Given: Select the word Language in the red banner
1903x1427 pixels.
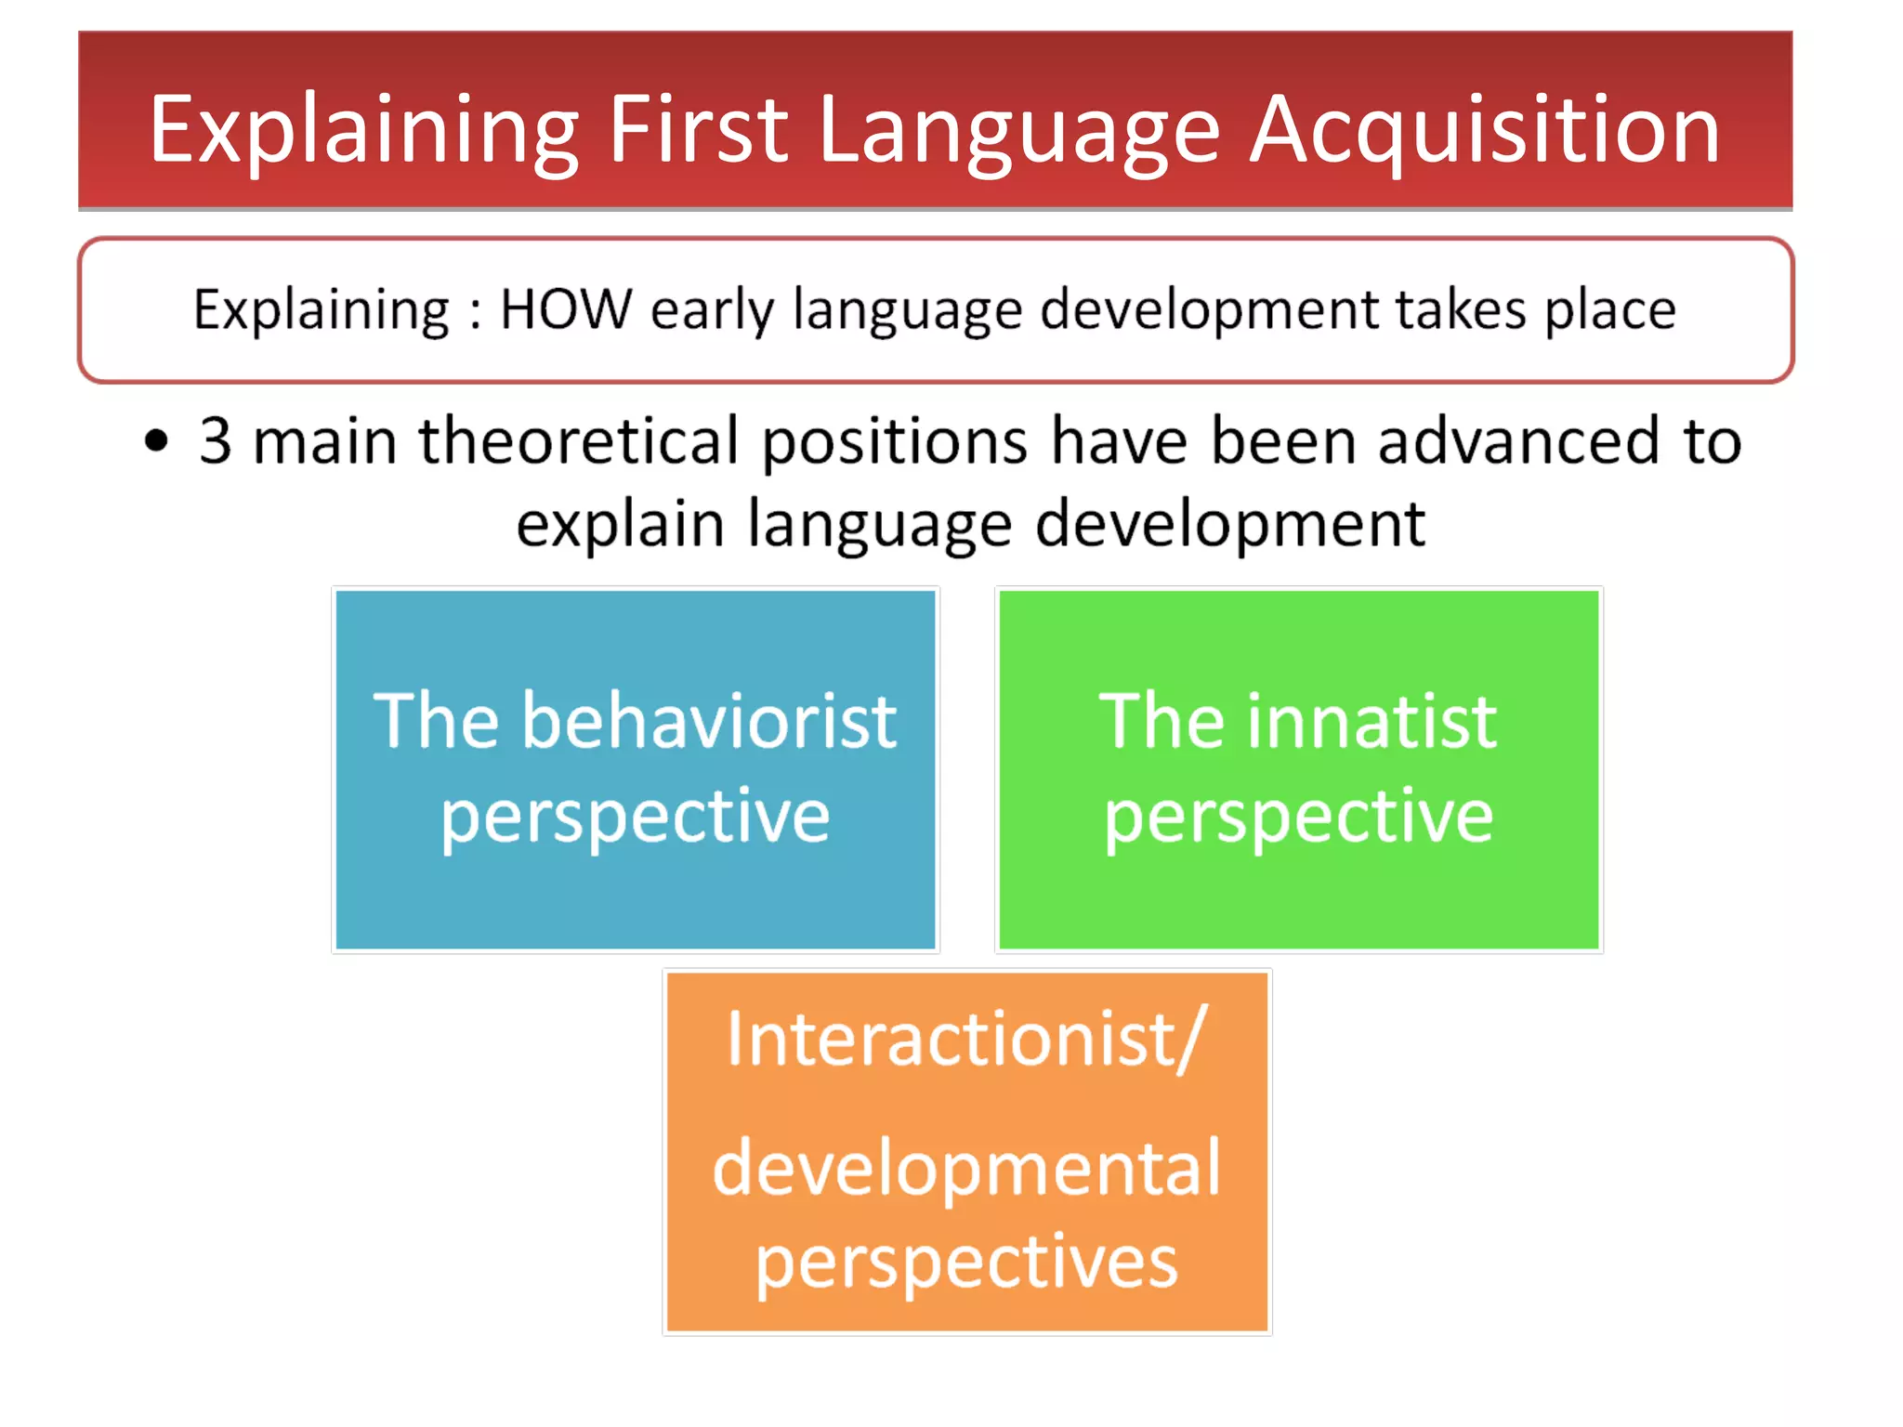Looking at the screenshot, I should tap(1018, 132).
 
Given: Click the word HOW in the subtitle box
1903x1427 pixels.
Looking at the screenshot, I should tap(566, 308).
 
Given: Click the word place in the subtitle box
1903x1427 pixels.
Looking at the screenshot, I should tap(1609, 310).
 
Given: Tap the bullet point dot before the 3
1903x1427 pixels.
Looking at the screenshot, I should tap(157, 441).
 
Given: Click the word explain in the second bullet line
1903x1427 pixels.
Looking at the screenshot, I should tap(620, 525).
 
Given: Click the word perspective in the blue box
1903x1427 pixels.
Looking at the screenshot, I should tap(636, 818).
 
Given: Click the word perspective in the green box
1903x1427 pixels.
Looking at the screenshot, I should tap(1299, 818).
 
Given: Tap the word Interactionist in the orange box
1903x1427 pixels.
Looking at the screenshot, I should tap(951, 1039).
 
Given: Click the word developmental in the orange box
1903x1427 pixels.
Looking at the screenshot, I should tap(966, 1168).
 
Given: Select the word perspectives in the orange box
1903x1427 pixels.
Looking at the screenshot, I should tap(966, 1263).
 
